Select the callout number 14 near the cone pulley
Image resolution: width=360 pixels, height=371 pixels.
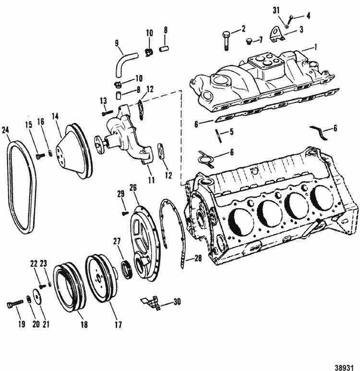click(x=55, y=117)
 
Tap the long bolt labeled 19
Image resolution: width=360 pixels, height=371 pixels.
click(x=15, y=303)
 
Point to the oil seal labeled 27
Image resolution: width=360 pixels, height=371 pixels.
click(x=126, y=269)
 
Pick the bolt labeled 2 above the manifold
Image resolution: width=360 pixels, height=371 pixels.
click(x=226, y=41)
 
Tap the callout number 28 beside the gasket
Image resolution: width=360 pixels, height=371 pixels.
click(x=198, y=259)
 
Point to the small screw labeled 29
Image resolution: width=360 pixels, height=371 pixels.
click(x=125, y=214)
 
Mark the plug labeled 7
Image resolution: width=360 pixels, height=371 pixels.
click(x=248, y=41)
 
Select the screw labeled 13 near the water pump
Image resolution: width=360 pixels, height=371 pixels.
click(x=108, y=113)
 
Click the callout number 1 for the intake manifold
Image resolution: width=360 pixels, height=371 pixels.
click(x=315, y=47)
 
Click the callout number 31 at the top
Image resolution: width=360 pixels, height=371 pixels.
click(x=276, y=11)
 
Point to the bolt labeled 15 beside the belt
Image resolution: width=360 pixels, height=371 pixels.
click(x=40, y=156)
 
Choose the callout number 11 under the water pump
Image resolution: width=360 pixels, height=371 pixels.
click(x=151, y=180)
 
